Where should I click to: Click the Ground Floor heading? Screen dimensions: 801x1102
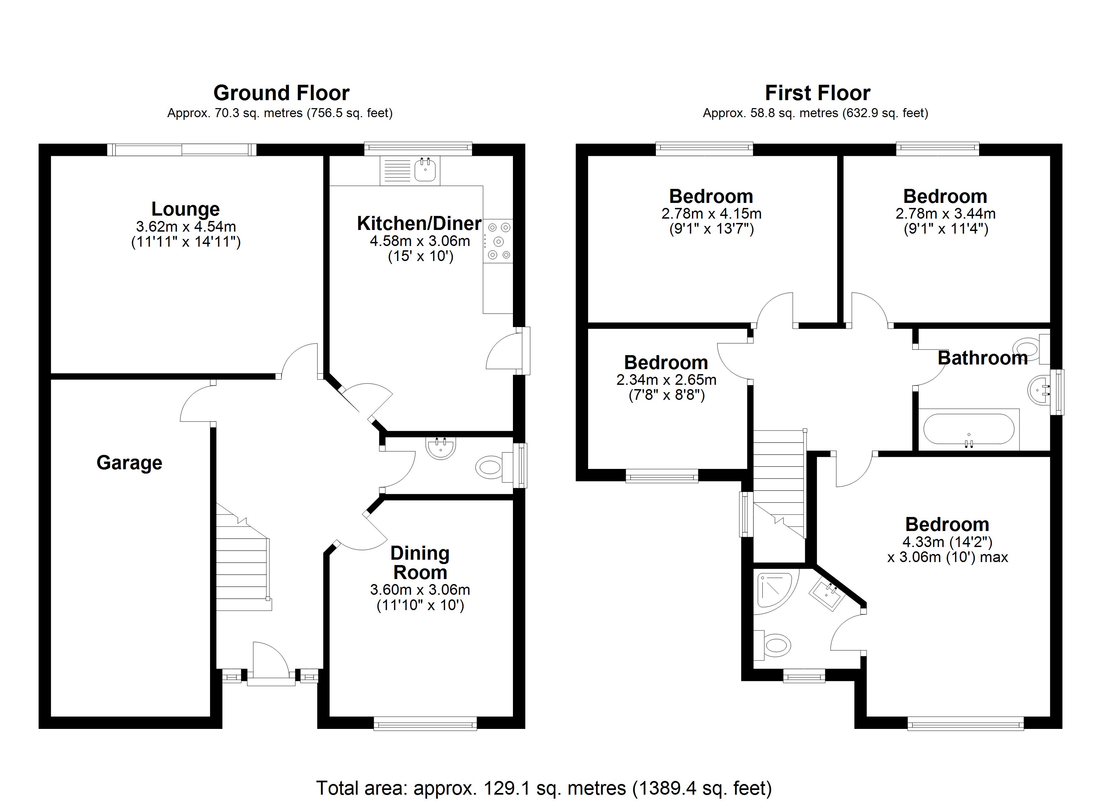tap(281, 93)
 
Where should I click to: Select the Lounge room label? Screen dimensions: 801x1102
tap(186, 209)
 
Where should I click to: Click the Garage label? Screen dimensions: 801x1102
tap(129, 463)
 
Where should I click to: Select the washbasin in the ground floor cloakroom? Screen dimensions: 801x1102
tap(441, 447)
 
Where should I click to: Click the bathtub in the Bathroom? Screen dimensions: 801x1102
tap(968, 429)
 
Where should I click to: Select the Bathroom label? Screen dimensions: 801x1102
tap(982, 358)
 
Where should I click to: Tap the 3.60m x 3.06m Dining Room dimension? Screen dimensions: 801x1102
tap(420, 590)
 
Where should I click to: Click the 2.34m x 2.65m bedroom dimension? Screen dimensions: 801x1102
tap(666, 379)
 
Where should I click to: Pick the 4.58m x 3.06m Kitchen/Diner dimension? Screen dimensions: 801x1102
tap(420, 241)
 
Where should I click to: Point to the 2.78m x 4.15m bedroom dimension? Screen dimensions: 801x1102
tap(711, 213)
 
